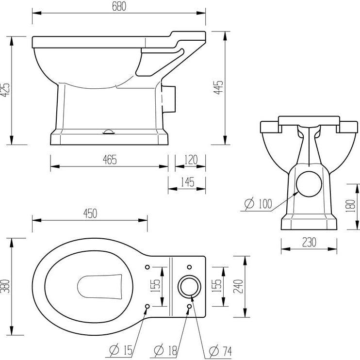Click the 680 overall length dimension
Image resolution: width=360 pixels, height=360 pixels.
coord(119,6)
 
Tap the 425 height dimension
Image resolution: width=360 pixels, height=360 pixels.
coord(5,90)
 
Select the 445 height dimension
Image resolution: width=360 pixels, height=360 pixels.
coord(218,87)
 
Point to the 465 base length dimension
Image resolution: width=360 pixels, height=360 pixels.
coord(110,160)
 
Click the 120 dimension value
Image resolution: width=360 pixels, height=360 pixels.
coord(191,160)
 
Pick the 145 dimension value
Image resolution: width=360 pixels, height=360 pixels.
coord(188,182)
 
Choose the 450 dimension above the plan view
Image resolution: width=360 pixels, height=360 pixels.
coord(90,213)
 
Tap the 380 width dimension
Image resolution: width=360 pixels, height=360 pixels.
coord(5,286)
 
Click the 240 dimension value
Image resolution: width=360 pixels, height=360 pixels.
coord(238,286)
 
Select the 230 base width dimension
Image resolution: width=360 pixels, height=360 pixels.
coord(309,242)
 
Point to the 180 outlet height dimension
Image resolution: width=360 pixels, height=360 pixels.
coord(351,206)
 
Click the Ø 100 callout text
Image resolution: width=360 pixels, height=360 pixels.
coord(258,204)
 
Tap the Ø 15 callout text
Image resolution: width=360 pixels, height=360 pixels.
coord(121,350)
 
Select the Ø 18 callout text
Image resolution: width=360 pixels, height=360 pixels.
coord(166,350)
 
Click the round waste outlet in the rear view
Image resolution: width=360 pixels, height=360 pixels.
coord(309,184)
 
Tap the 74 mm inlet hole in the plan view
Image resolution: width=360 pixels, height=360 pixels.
coord(189,287)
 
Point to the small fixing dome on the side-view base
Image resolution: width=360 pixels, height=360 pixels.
coord(108,132)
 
